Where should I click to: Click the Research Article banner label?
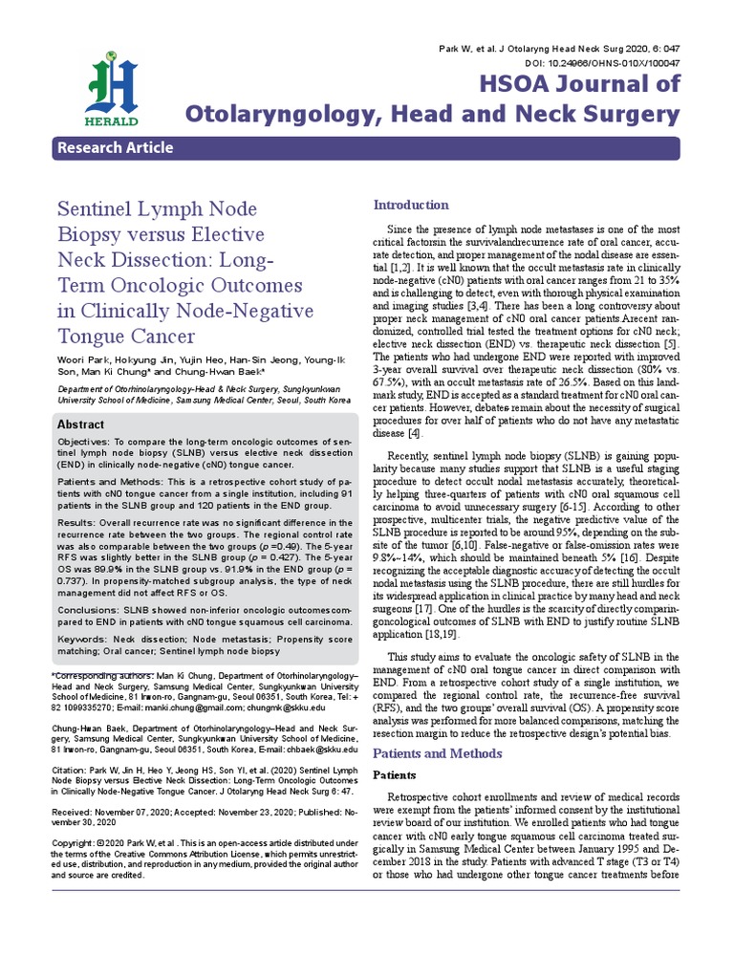116,147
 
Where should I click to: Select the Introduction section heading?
410,205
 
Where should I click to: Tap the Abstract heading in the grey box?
82,424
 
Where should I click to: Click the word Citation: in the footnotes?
70,769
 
